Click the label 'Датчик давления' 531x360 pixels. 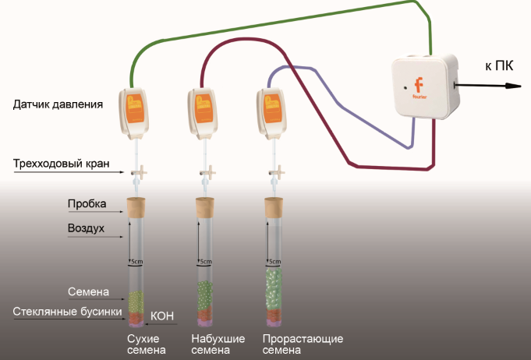(x=58, y=103)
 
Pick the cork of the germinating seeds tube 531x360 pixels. (x=273, y=207)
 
